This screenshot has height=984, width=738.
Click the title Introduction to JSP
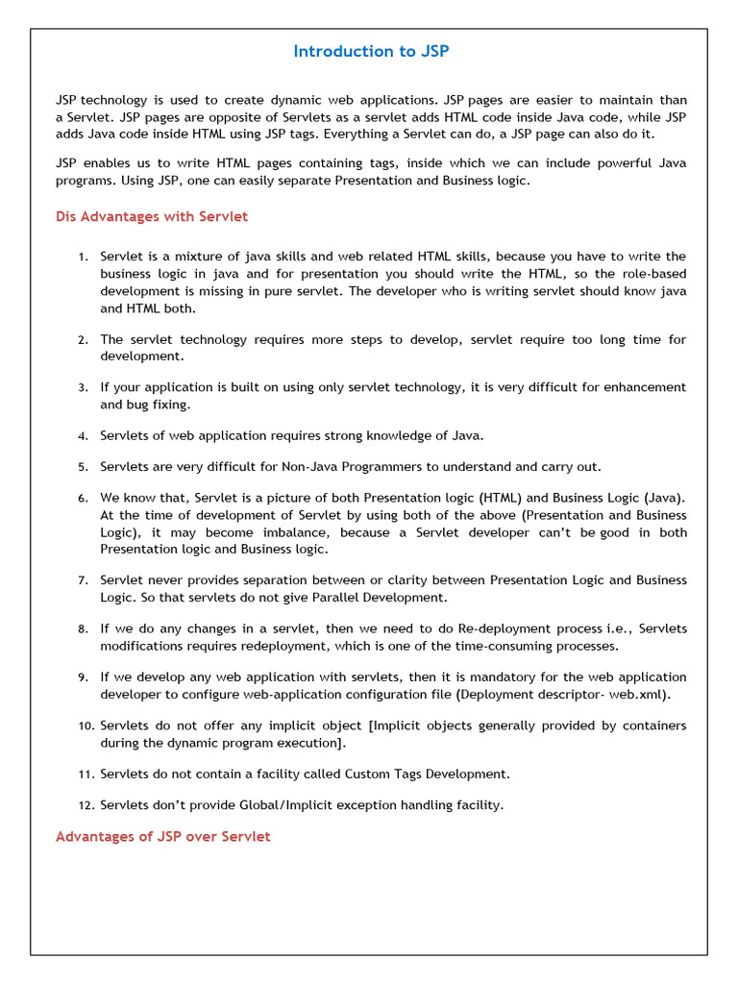tap(370, 52)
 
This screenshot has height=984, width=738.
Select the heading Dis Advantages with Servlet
tap(152, 216)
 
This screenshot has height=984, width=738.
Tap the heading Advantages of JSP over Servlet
tap(162, 837)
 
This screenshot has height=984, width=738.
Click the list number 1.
tap(83, 257)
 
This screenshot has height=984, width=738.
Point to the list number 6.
tap(83, 498)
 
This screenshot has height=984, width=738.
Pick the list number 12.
tap(86, 805)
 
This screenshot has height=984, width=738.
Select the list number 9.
tap(83, 677)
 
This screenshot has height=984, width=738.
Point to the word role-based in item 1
tap(652, 274)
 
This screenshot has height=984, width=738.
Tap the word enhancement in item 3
tap(642, 387)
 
